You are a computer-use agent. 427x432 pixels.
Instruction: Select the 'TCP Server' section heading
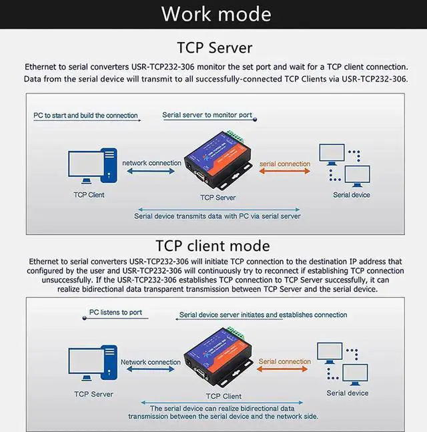(x=213, y=47)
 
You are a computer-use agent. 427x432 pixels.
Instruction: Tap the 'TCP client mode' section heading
(x=213, y=246)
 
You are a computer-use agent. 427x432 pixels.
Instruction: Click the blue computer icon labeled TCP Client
(x=89, y=167)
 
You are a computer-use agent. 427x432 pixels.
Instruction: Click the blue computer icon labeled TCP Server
(x=89, y=365)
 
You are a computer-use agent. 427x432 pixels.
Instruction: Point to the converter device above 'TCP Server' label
(x=219, y=160)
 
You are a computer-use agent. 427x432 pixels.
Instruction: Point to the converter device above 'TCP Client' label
(x=219, y=359)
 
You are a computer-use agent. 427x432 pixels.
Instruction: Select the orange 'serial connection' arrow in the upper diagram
(x=284, y=172)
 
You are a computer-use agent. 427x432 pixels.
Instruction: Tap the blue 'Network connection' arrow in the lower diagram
(x=151, y=371)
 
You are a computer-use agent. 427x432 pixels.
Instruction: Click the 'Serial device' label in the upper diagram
(x=352, y=195)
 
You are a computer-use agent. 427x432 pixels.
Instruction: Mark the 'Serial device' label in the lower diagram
(x=347, y=393)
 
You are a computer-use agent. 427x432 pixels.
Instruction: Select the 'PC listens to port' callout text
(x=116, y=312)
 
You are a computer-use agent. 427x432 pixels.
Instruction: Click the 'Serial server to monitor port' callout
(x=207, y=115)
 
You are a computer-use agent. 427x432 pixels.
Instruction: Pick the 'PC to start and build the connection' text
(x=86, y=116)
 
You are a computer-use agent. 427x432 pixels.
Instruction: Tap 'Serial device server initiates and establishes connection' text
(x=263, y=314)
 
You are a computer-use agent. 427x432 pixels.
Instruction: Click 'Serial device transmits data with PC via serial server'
(x=218, y=216)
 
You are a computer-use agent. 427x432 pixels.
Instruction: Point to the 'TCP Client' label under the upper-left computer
(x=89, y=195)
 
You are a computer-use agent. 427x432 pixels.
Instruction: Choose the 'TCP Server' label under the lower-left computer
(x=93, y=394)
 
